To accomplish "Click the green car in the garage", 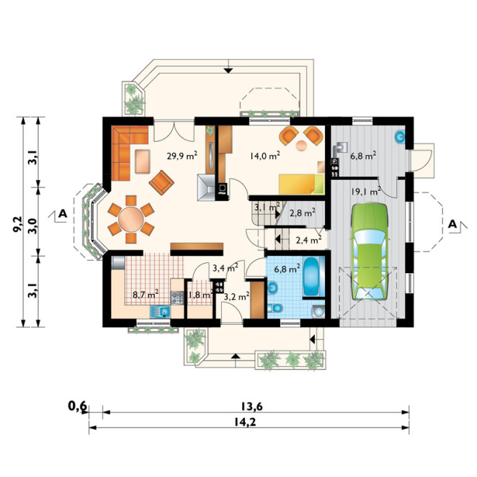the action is point(370,252).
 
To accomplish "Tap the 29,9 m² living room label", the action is point(182,156).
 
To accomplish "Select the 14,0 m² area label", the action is point(265,156).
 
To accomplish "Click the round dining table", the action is point(131,219).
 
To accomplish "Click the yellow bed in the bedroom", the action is point(301,184).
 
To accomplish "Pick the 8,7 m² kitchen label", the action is point(146,294).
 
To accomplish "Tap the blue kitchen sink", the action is point(160,311).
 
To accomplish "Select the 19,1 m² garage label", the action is point(366,192).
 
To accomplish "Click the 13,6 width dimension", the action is point(251,406).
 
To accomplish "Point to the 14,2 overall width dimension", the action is point(245,422).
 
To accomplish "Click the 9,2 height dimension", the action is point(17,224).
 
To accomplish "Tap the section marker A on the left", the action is point(63,214).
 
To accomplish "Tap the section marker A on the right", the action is point(453,224).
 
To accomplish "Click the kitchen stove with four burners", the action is point(177,298).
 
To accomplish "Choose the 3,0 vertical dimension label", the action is point(33,226).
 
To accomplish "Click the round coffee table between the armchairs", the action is point(302,146).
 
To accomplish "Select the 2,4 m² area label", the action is point(309,241).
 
